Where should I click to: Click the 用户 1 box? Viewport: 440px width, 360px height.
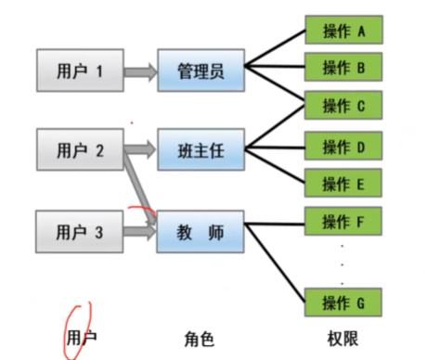79,70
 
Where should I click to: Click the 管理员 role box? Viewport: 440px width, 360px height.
201,70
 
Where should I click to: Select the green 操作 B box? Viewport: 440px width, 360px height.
345,68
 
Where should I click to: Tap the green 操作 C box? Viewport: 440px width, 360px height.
345,106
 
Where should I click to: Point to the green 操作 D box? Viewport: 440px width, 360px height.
345,146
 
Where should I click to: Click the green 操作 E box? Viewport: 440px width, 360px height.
345,184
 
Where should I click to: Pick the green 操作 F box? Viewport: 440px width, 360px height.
345,223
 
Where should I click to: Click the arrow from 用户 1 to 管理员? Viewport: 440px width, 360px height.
140,70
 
